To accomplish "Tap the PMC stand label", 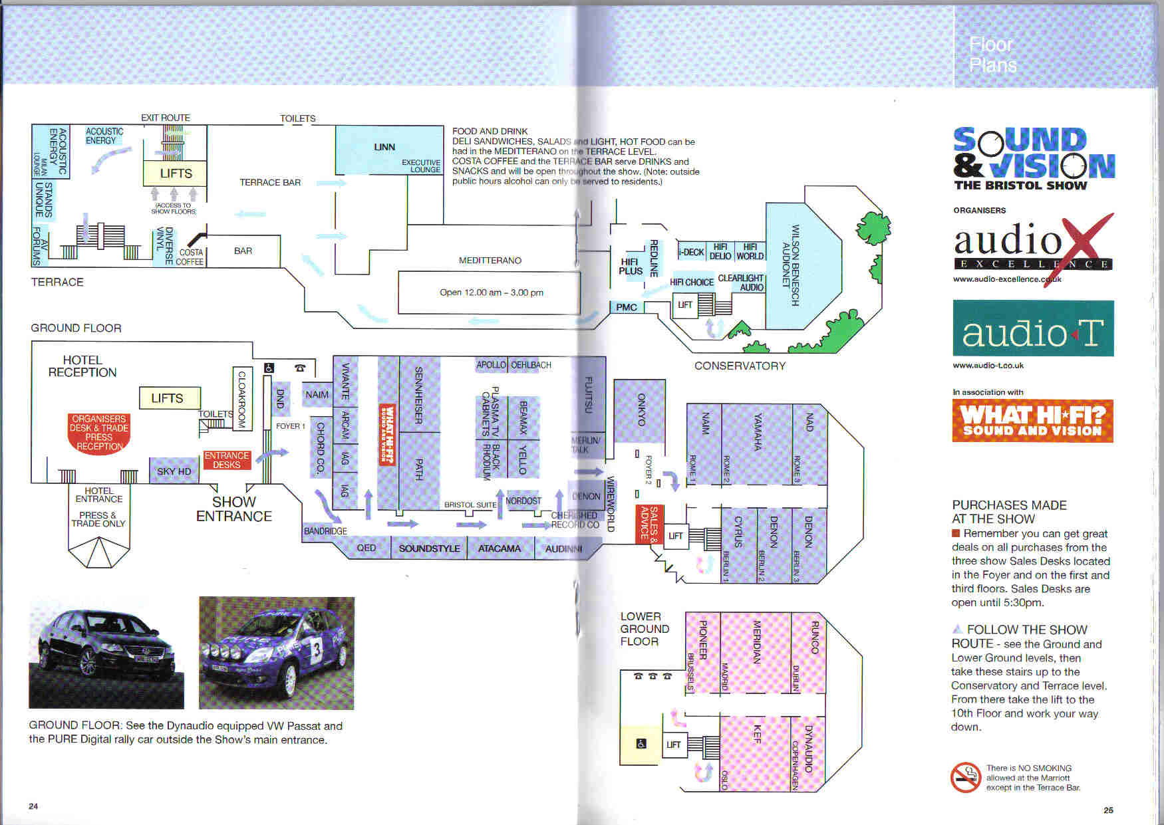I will click(627, 307).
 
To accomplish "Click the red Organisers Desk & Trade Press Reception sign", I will click(99, 433).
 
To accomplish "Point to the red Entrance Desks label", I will click(227, 460).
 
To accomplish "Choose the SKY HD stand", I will click(174, 471).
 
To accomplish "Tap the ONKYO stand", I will click(640, 410).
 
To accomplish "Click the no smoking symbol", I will click(966, 777).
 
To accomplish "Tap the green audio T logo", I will click(1033, 328).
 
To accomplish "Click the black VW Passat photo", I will click(106, 653).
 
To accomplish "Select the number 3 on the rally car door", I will click(317, 651).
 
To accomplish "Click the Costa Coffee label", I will click(191, 257).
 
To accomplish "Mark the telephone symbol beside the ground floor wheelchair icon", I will click(299, 368).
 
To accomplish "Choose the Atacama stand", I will click(500, 548).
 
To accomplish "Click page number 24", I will click(33, 806).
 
